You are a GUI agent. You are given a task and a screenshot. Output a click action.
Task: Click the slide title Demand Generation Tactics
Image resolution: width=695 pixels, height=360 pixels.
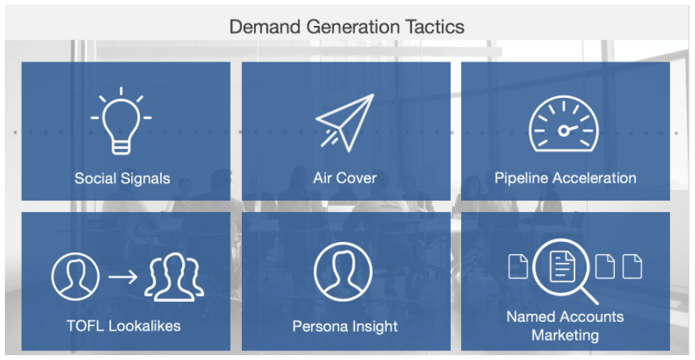346,27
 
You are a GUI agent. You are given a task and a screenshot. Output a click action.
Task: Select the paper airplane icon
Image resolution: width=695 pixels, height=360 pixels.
345,123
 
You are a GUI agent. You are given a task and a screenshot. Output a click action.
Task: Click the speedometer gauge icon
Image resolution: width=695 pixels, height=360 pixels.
563,124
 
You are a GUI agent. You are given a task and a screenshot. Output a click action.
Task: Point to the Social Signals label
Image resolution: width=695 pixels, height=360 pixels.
122,178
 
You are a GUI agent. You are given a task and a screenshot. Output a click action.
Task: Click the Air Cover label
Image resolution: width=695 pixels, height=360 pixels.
345,178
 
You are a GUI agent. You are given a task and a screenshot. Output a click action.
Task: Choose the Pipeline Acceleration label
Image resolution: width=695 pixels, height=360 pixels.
566,178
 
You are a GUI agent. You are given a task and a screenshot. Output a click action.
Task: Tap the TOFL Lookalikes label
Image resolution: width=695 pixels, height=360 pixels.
124,326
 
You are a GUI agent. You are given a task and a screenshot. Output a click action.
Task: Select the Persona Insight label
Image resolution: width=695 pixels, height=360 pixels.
345,327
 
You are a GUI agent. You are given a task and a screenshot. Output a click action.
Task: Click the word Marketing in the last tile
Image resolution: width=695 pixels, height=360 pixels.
565,335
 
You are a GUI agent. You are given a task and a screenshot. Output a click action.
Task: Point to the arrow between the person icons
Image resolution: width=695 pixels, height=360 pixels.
123,277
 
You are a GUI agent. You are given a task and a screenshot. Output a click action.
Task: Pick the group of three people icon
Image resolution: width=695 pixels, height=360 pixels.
174,277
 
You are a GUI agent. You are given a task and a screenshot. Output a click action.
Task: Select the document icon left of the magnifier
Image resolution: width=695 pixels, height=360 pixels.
518,266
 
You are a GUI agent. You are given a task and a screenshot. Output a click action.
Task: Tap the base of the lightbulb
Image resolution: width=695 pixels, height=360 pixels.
121,146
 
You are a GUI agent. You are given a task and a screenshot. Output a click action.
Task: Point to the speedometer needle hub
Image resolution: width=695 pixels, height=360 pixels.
563,131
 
